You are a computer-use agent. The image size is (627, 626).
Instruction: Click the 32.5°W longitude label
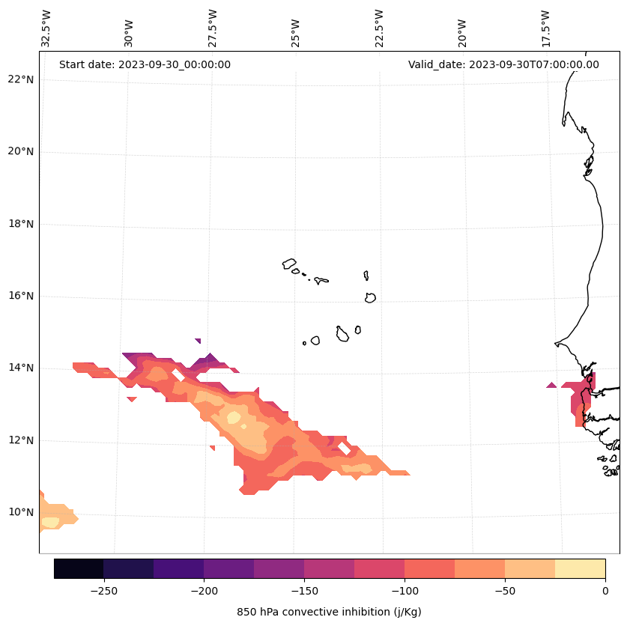[46, 28]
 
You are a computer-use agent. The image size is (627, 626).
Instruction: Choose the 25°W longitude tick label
[296, 30]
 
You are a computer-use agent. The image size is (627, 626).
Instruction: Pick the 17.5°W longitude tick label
[545, 28]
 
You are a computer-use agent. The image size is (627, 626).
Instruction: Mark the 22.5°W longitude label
[379, 28]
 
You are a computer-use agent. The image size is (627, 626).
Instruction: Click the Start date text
[145, 64]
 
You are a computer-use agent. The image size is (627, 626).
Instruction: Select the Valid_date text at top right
[503, 64]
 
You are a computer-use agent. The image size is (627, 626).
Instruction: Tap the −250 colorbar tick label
[103, 590]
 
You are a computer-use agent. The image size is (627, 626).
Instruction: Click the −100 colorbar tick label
[405, 590]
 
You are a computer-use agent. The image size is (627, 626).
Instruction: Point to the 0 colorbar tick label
[605, 590]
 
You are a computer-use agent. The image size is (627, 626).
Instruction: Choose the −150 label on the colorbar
[304, 590]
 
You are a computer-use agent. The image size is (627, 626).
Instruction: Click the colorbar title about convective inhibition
[329, 612]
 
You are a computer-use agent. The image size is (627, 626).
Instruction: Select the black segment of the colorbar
[79, 568]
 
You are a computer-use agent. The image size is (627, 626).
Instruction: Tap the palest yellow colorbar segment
[580, 568]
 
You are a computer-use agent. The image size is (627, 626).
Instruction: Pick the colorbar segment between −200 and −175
[228, 568]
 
